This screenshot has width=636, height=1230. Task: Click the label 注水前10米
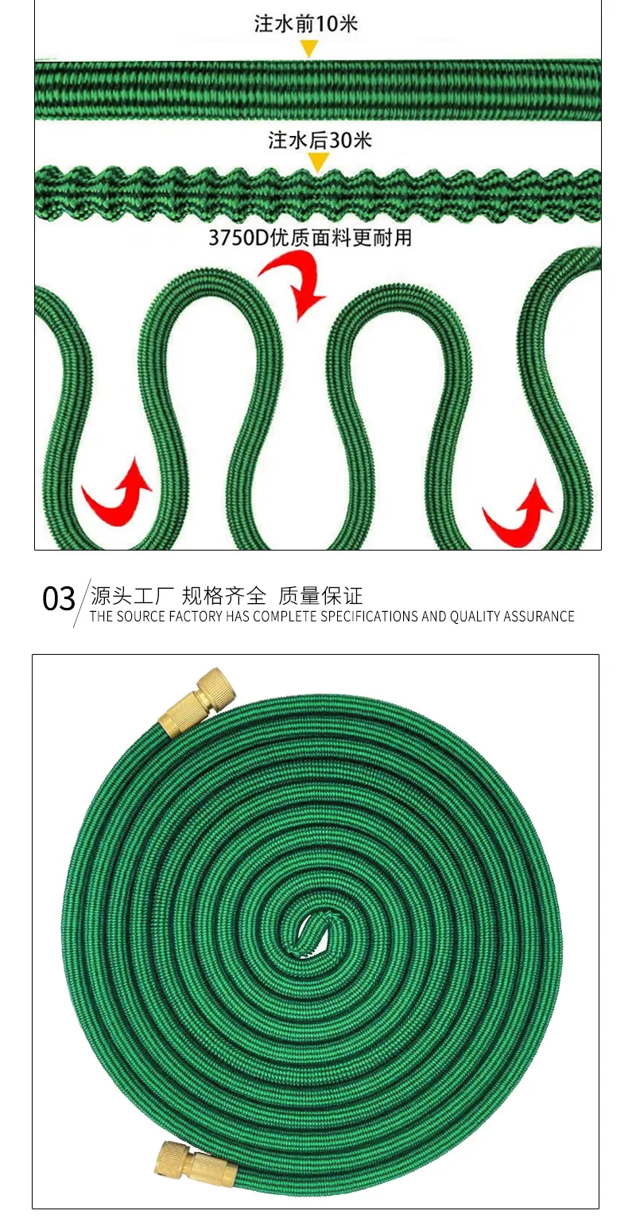pos(305,24)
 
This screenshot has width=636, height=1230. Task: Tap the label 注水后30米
pos(320,140)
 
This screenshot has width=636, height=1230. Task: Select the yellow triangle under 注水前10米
pos(309,49)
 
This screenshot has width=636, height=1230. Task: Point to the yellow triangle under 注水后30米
pos(318,162)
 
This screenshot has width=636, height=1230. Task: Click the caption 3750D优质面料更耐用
pos(310,238)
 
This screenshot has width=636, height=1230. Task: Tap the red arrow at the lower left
pos(118,492)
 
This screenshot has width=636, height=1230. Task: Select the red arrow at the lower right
pos(518,514)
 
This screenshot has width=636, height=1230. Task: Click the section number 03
pos(59,598)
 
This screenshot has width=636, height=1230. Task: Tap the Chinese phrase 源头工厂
pos(132,596)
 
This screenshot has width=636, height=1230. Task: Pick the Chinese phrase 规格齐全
pos(224,596)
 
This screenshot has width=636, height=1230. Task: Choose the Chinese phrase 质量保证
pos(320,596)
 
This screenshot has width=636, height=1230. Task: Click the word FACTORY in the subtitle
pos(196,617)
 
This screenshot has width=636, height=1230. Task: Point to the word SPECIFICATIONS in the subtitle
pos(370,617)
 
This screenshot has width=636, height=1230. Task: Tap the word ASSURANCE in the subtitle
pos(539,617)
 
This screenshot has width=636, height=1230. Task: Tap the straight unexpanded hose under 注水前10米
pos(318,89)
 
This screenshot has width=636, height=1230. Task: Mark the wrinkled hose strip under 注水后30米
pos(318,193)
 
